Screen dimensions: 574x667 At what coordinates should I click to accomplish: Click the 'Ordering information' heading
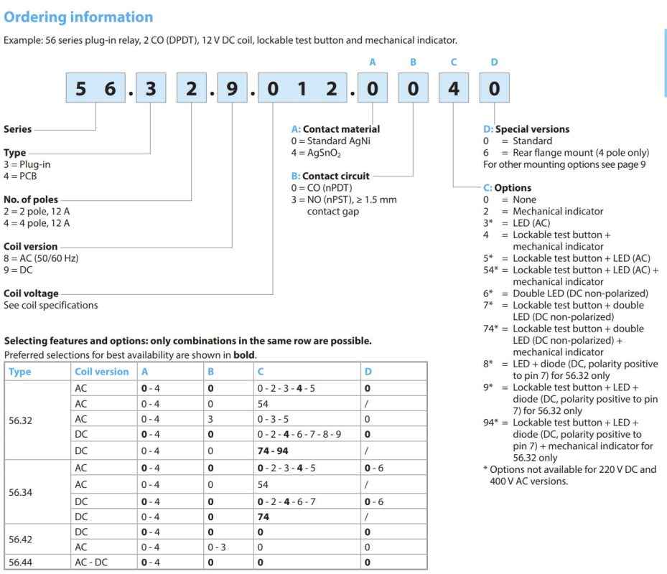(x=78, y=17)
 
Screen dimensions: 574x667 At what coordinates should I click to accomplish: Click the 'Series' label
(x=18, y=129)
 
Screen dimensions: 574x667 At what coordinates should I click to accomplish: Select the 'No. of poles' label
(x=31, y=199)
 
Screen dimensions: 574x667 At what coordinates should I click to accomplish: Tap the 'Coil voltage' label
(x=31, y=293)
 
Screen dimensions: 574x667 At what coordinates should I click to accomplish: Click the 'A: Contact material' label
(x=335, y=129)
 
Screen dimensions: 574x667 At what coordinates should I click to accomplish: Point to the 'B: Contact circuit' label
(x=330, y=176)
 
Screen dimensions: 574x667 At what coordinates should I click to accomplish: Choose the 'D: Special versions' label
(x=526, y=129)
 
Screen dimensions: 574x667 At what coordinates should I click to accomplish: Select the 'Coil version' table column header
(x=102, y=372)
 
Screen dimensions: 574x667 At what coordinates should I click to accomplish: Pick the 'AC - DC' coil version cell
(x=91, y=562)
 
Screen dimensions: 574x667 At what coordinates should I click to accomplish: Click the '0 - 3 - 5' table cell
(x=274, y=419)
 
